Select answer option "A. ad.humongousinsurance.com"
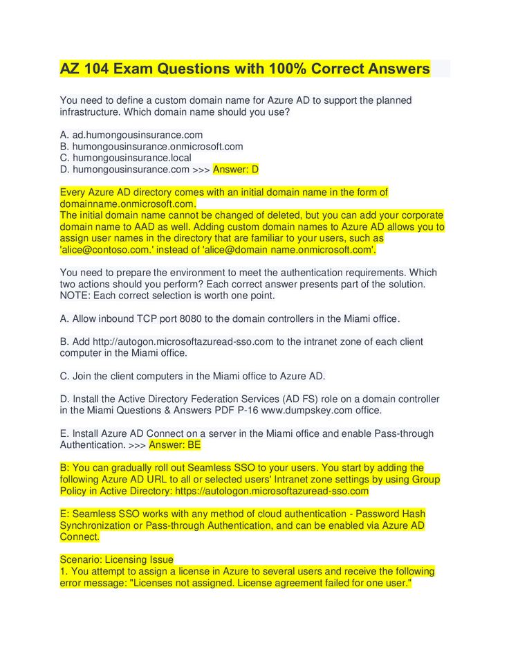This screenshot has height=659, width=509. pyautogui.click(x=131, y=135)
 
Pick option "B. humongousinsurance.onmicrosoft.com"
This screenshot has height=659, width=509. pyautogui.click(x=151, y=146)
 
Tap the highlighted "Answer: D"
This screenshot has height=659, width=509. pyautogui.click(x=235, y=169)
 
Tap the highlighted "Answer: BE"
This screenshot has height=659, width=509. pyautogui.click(x=174, y=445)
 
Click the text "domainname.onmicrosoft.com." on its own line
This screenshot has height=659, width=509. pyautogui.click(x=128, y=204)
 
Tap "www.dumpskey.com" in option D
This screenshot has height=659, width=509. pyautogui.click(x=311, y=410)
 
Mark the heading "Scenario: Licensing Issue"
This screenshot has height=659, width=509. pyautogui.click(x=117, y=559)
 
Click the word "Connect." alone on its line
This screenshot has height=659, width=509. pyautogui.click(x=80, y=536)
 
